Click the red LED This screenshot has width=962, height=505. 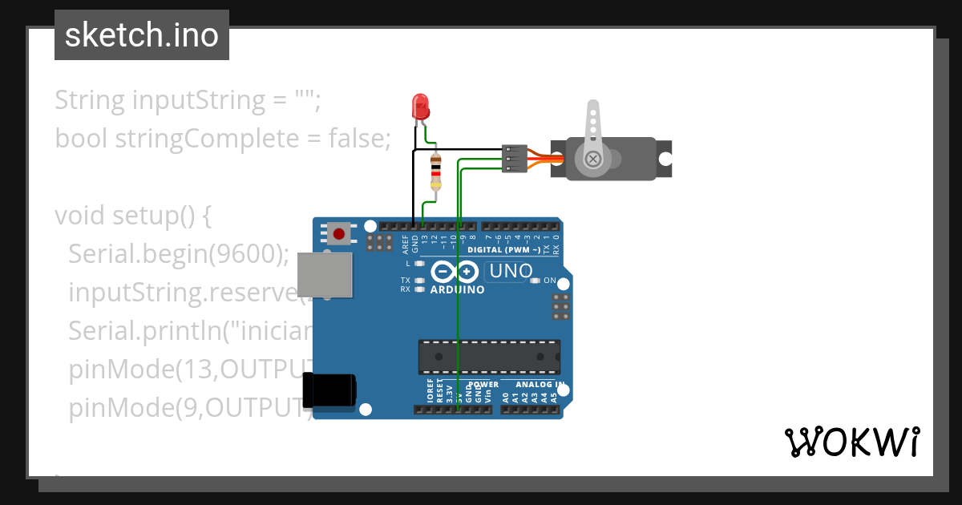419,106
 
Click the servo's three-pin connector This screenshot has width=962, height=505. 514,159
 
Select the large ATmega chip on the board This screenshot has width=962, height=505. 489,357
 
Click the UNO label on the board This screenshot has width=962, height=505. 511,271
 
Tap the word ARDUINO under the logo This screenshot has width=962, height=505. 457,289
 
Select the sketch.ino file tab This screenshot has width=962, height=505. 142,35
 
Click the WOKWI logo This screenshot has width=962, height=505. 851,442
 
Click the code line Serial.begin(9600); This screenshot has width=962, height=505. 178,254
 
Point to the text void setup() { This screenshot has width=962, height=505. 132,216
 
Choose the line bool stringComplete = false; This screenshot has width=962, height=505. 222,139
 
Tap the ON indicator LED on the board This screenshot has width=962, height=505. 535,281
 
